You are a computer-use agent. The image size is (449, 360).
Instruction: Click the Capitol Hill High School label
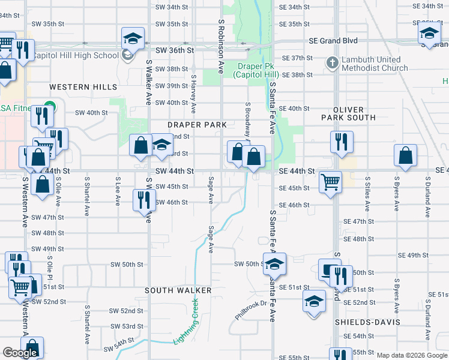click(x=74, y=56)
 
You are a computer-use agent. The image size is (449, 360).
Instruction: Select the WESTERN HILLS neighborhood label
click(x=83, y=87)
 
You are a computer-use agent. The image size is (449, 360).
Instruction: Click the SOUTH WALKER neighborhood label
click(x=178, y=290)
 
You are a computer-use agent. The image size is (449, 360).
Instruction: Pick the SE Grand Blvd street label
click(x=333, y=41)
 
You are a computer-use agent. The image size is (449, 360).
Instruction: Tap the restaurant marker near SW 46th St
click(x=143, y=200)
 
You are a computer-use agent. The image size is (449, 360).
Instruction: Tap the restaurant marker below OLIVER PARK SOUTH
click(x=341, y=142)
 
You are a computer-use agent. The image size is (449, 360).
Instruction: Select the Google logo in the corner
click(x=20, y=353)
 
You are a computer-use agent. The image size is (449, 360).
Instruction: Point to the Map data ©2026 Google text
click(x=412, y=355)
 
